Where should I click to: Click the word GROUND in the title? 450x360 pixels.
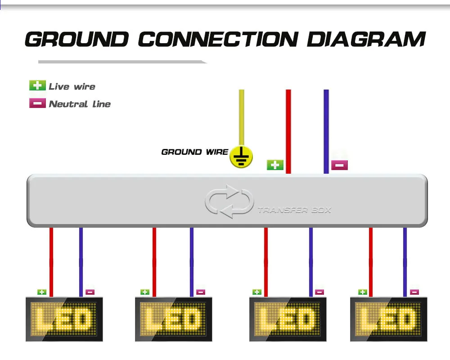tap(76, 39)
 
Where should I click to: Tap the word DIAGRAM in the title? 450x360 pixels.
tap(366, 39)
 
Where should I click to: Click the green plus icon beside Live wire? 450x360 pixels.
tap(37, 85)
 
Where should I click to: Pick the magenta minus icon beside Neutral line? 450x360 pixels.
tap(37, 103)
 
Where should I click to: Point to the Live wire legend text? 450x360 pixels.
tap(72, 86)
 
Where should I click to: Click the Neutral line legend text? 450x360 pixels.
tap(80, 104)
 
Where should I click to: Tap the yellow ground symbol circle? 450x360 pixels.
tap(241, 157)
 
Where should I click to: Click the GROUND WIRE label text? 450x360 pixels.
tap(194, 152)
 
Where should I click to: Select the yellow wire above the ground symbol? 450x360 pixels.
tap(242, 117)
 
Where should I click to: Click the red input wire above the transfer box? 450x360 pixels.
tap(288, 130)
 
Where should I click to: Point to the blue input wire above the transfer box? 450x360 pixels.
tap(326, 130)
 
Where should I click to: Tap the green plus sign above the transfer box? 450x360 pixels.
tap(275, 165)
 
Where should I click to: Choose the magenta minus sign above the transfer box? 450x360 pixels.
tap(339, 165)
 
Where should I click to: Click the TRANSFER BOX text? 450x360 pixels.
tap(294, 210)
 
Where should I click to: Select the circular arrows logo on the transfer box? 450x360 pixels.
tap(229, 201)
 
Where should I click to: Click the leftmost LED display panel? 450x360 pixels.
tap(64, 319)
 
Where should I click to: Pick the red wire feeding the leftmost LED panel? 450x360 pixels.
tap(51, 261)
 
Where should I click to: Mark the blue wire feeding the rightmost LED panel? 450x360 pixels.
tap(405, 261)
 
